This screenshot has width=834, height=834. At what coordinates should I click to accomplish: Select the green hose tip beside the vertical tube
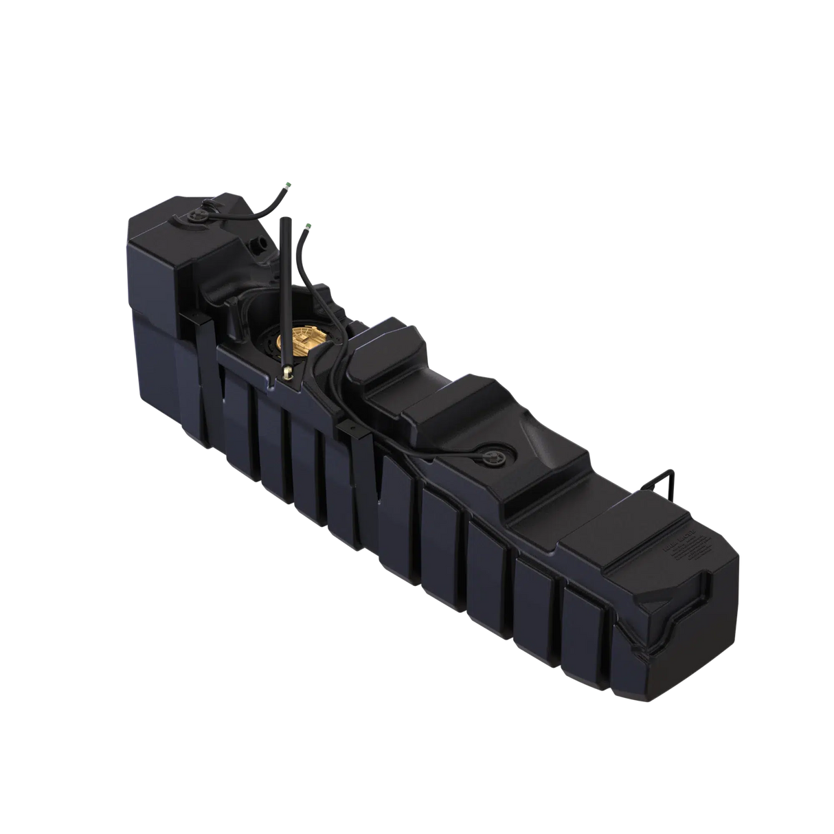(308, 224)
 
